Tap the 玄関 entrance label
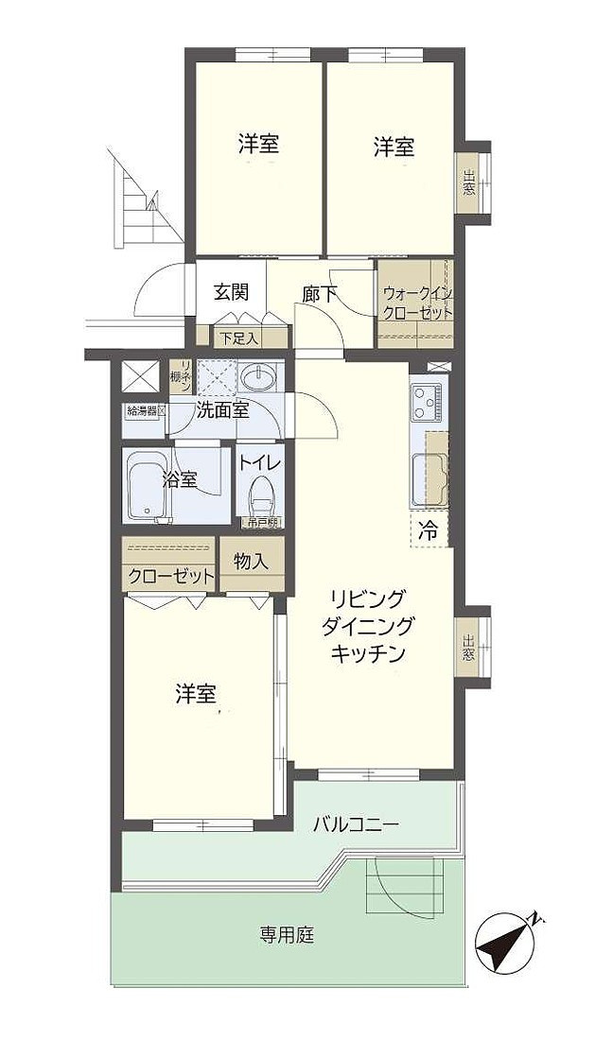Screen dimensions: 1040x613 point(231,292)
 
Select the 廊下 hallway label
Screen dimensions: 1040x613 point(319,294)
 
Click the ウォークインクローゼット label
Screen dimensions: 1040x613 point(416,303)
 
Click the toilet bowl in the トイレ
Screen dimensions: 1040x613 point(258,494)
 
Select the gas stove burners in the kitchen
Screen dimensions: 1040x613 point(427,404)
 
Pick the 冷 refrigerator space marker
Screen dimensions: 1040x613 point(428,530)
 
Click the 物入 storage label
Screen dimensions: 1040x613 point(251,561)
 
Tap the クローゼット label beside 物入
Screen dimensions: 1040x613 point(168,577)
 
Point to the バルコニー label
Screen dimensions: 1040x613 point(356,824)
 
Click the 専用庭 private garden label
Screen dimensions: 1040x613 point(288,936)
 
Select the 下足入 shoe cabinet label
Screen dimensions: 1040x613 point(231,338)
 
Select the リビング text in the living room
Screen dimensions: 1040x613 point(367,598)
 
